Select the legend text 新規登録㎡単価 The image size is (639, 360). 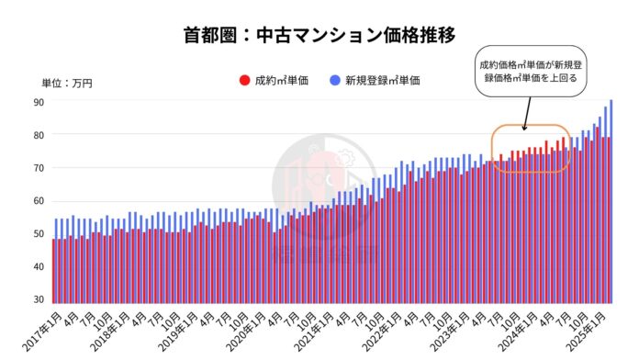pos(382,81)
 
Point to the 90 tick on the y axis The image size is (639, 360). pos(39,102)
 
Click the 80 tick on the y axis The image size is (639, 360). pos(39,135)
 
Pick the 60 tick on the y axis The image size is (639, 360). pos(39,201)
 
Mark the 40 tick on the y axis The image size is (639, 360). pos(39,267)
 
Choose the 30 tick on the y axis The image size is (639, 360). pos(39,299)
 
